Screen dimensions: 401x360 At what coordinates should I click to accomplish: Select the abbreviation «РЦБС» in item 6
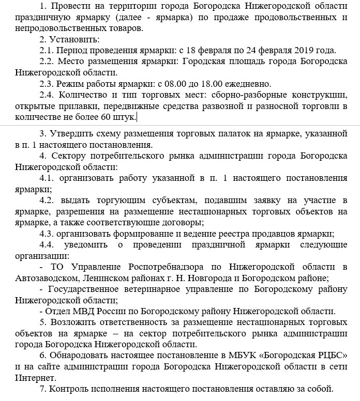(x=328, y=356)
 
